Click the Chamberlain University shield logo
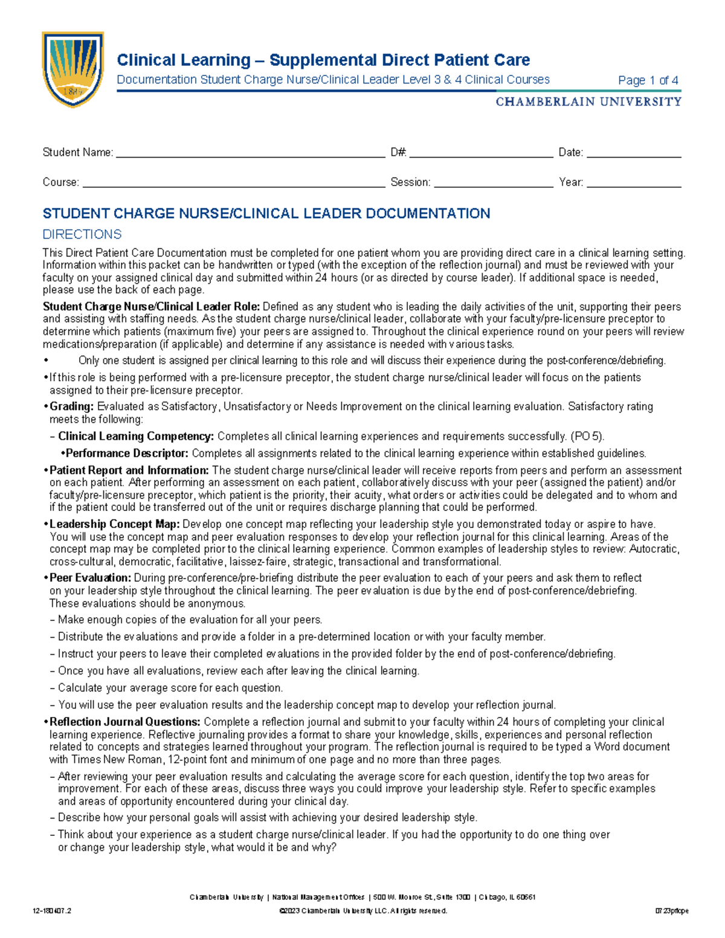pos(72,69)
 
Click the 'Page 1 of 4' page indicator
pos(648,80)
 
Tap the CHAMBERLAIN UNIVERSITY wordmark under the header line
pos(588,102)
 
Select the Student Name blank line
pos(250,153)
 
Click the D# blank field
pos(481,153)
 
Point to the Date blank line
pos(634,153)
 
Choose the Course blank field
pos(234,184)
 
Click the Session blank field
pos(493,184)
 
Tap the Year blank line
pos(634,184)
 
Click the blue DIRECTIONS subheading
pos(82,234)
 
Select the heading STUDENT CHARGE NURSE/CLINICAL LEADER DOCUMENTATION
pos(266,214)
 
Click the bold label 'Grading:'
pos(72,406)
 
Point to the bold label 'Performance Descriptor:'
pos(127,453)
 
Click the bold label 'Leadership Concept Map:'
pos(115,524)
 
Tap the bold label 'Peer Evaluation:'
pos(90,578)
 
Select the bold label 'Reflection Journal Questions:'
pos(124,722)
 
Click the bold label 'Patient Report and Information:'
pos(129,471)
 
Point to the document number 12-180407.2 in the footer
pos(53,911)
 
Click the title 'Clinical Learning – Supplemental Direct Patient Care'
pos(323,60)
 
